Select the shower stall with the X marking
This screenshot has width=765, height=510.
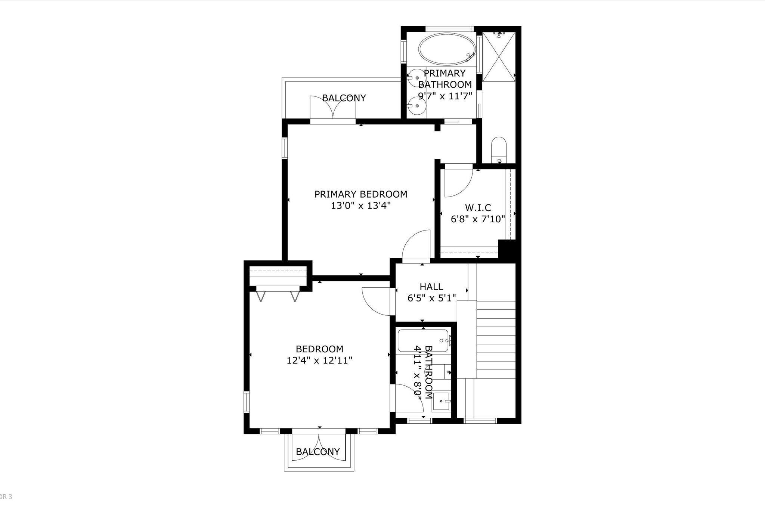coord(499,57)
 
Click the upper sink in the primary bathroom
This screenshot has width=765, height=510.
coord(416,78)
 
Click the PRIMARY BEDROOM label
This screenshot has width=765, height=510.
coord(360,194)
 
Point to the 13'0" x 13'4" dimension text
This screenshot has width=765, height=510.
coord(360,206)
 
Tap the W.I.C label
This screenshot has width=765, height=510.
coord(478,208)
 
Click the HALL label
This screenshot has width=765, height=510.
coord(431,287)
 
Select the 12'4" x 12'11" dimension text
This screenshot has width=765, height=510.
coord(319,361)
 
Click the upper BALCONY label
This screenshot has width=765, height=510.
coord(344,98)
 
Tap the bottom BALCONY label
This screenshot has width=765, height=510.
coord(318,452)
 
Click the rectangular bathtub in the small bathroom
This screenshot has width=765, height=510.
coord(423,340)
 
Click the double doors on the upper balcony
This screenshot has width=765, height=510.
coord(332,108)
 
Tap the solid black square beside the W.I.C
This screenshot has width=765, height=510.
coord(507,248)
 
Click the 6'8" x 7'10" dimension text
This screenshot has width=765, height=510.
coord(478,219)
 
